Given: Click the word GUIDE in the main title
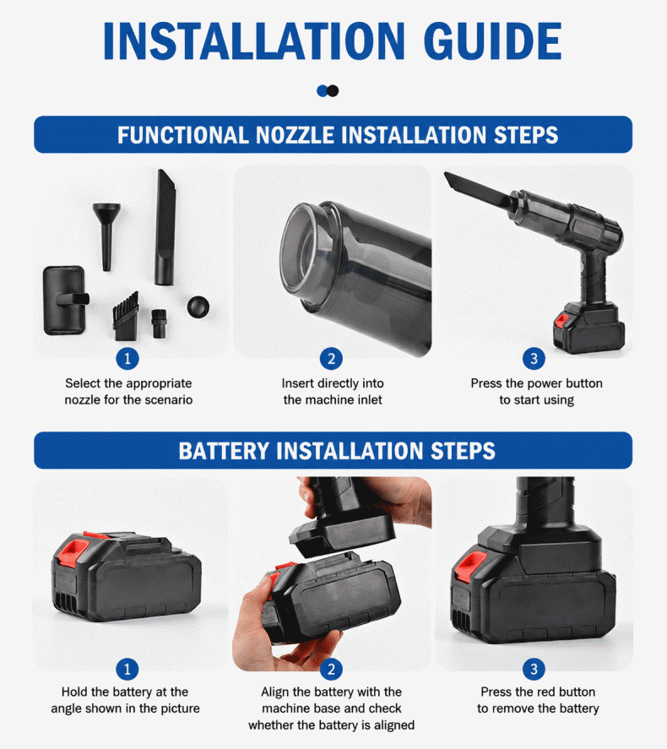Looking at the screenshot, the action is coord(492,41).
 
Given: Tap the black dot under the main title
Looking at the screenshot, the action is coord(333,90).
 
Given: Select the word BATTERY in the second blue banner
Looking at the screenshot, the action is coord(224,451).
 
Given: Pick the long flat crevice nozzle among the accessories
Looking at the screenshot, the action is coord(165,227).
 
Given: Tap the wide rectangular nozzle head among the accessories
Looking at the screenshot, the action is coord(65,300).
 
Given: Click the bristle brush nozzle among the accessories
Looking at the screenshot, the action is coord(126,316).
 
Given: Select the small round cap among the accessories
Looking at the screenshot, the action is coord(198,307).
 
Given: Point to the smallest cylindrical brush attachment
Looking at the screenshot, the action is coord(159,323).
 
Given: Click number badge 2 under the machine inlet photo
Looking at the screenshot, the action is coord(331,359).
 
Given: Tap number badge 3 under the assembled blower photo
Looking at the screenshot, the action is coord(534,359).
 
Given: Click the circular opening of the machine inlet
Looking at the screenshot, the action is coord(301,252).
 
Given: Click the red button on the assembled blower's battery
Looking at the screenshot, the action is coord(561,320).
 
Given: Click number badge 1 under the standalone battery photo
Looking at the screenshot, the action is coord(127,670).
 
